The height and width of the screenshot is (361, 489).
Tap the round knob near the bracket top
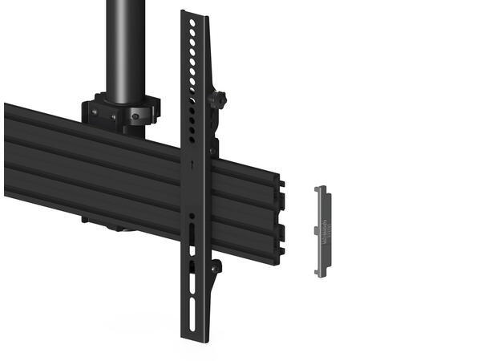click(217, 100)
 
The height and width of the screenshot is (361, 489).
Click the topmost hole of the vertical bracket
click(191, 23)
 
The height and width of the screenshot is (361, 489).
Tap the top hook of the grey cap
click(320, 189)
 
